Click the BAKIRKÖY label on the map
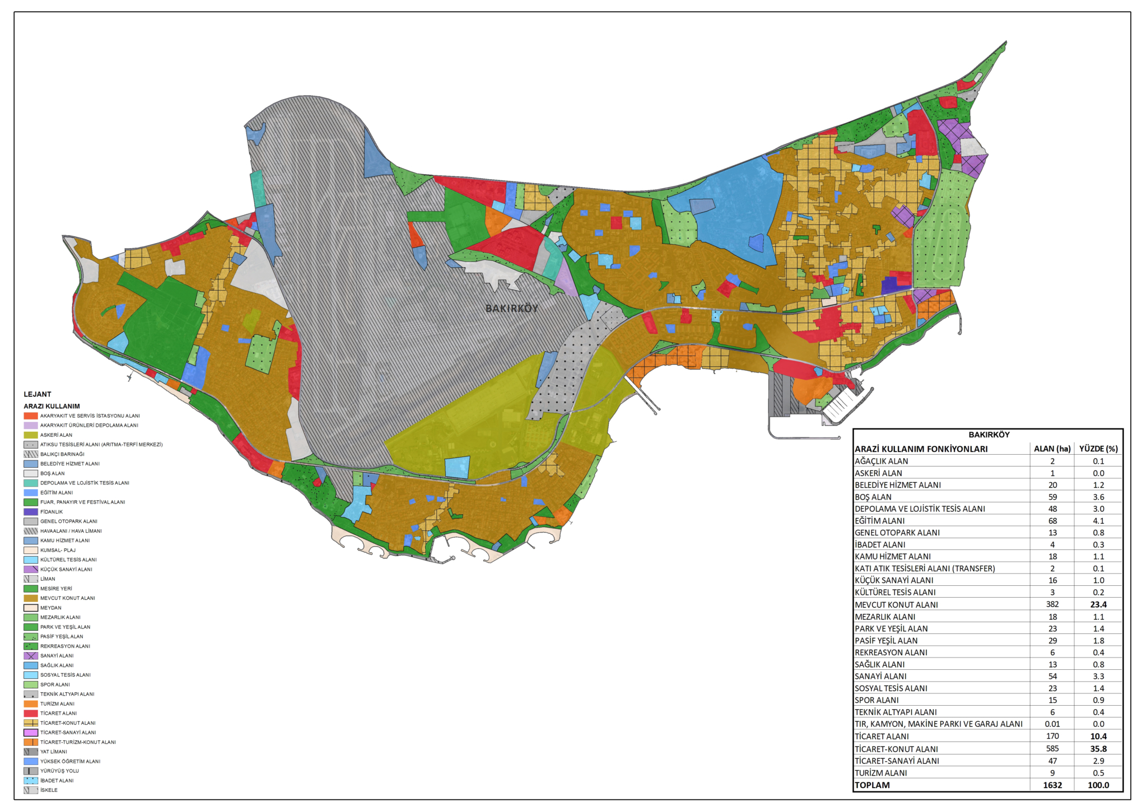511,309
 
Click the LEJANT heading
38,394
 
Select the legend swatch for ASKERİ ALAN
31,435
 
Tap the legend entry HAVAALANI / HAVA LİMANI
71,531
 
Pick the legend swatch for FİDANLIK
31,512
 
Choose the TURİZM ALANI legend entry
57,704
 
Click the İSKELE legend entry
49,790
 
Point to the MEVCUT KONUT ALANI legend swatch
31,598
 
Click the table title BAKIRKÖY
989,435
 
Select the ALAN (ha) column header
1052,449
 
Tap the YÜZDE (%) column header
1098,449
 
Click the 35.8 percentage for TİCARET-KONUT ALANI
1098,749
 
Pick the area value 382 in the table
1052,605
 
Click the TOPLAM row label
872,785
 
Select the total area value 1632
1052,785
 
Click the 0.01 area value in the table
1052,724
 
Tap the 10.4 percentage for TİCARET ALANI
1098,737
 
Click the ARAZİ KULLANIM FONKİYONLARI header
921,449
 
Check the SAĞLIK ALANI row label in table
879,665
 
